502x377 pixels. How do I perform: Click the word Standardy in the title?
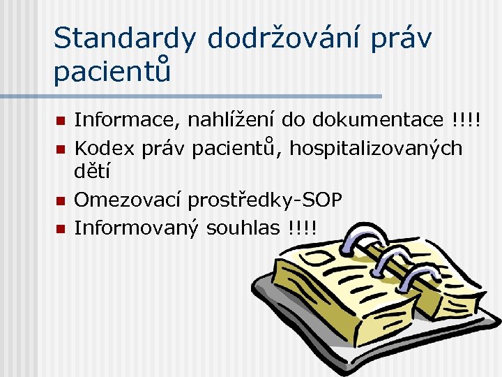(124, 39)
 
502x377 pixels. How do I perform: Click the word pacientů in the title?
(112, 72)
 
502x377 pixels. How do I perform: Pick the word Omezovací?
(127, 200)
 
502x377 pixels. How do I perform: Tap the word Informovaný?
(136, 228)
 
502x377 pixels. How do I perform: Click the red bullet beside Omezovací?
(61, 201)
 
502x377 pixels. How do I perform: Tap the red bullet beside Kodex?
(61, 149)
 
